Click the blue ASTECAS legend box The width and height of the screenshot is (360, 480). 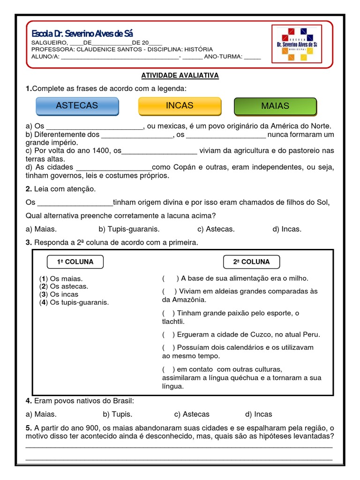77,106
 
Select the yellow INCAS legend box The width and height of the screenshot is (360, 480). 180,106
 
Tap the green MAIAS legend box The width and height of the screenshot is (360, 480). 275,106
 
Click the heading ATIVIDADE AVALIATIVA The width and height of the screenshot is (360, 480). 180,75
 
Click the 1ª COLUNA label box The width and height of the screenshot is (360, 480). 75,262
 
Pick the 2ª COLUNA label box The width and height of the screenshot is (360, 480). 251,262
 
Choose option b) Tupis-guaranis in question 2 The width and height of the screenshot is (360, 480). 129,229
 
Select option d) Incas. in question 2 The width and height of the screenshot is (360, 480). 286,229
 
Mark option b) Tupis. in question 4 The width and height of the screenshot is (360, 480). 117,414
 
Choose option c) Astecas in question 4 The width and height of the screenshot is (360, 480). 192,414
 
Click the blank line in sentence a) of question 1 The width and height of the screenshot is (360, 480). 95,127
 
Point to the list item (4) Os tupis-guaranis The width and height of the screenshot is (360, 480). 74,302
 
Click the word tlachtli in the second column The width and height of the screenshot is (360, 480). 173,322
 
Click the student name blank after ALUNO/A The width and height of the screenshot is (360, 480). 120,57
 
